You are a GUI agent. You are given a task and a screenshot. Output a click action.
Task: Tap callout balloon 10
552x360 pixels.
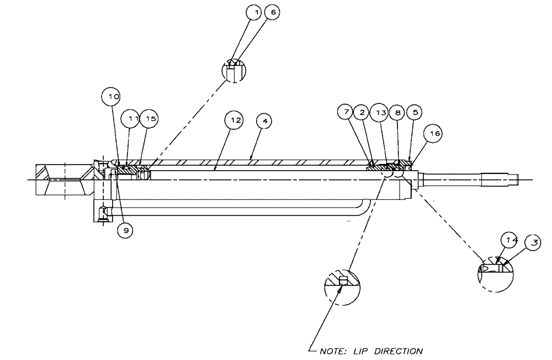coord(113,97)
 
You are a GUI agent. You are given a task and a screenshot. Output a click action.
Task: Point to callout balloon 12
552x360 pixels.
coord(236,119)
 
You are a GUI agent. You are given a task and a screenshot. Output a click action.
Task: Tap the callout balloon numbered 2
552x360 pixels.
coord(362,112)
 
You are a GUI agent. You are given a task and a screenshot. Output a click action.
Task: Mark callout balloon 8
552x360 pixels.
coord(396,112)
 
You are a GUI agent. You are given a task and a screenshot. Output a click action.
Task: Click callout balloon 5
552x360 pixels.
coord(415,112)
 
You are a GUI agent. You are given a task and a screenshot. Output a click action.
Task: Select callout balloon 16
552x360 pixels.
coord(434,133)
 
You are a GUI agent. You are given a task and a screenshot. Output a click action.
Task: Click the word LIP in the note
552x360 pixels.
coord(362,351)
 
